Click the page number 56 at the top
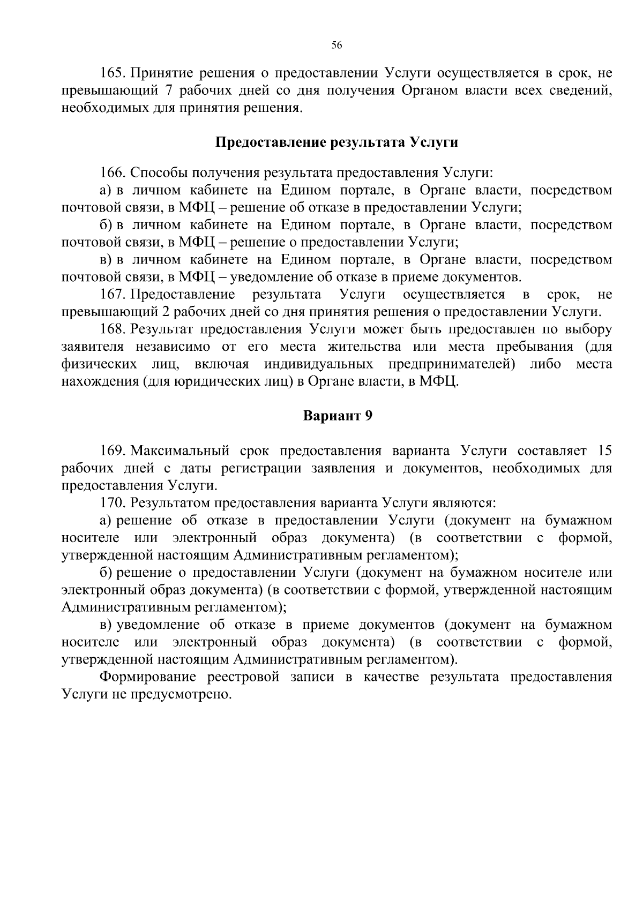coord(337,46)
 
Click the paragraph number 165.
coord(112,73)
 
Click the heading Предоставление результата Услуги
coord(337,142)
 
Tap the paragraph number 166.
coord(112,173)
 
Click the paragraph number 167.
coord(112,295)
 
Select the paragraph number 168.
coord(112,329)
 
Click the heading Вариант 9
coord(337,416)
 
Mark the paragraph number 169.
coord(112,450)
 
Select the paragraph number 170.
coord(112,503)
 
